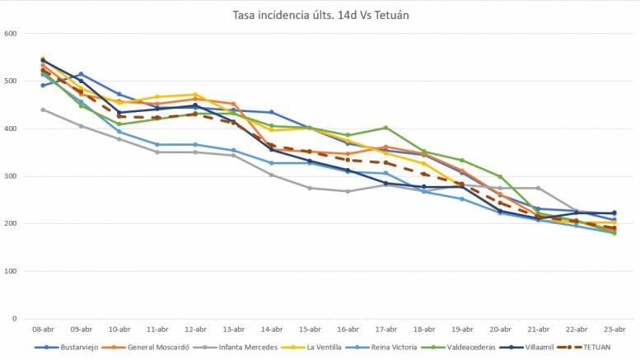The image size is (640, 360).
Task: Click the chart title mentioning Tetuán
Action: [320, 14]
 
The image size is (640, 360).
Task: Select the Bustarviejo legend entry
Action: [78, 347]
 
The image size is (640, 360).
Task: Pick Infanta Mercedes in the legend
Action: [246, 347]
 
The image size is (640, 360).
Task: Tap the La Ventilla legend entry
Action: [324, 347]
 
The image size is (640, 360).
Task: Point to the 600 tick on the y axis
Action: [11, 34]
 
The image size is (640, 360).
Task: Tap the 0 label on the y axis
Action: [14, 319]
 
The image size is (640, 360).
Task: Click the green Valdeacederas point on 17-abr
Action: [385, 128]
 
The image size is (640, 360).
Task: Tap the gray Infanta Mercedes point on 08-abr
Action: [43, 110]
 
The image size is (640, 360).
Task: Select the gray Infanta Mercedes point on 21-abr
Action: [538, 188]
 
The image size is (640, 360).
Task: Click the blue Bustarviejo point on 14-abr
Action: [271, 112]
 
